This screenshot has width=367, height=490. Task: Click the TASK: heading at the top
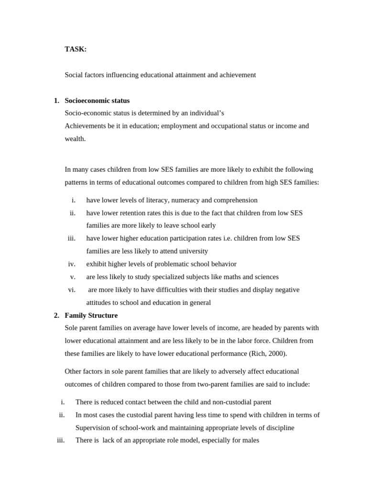(x=76, y=49)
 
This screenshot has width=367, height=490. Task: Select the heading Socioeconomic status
(x=97, y=100)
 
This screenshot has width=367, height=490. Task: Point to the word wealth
(x=75, y=139)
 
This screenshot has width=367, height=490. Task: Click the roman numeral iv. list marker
(x=72, y=264)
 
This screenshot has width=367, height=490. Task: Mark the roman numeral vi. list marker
(x=72, y=290)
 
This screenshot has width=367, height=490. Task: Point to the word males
(x=249, y=440)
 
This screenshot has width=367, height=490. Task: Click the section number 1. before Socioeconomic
(x=56, y=100)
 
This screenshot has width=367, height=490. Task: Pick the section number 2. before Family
(x=56, y=315)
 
